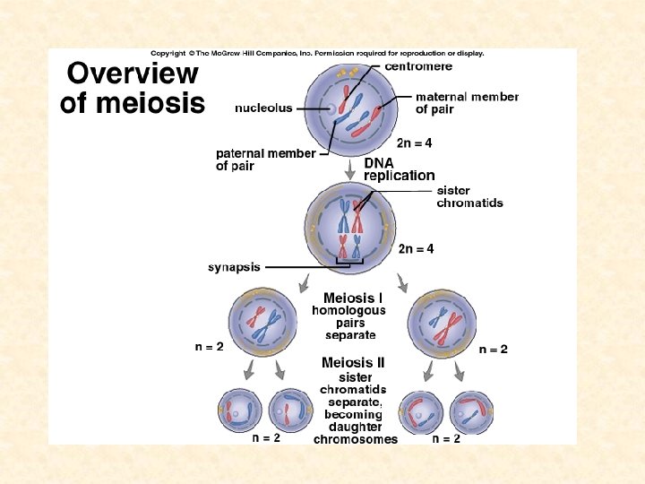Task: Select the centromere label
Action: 418,65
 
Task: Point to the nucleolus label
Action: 263,108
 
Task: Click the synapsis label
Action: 234,266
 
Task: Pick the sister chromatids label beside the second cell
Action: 469,196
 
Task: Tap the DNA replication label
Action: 399,169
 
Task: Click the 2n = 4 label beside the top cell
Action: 415,143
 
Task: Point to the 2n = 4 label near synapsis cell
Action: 417,248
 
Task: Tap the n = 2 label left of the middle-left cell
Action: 210,346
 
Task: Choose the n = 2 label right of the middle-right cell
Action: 493,349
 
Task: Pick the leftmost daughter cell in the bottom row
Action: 240,411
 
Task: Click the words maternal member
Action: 467,97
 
